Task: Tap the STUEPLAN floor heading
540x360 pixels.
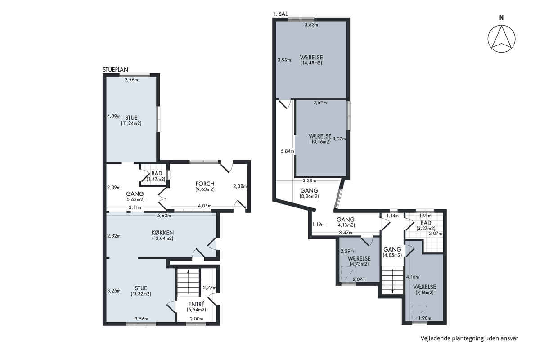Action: pyautogui.click(x=116, y=70)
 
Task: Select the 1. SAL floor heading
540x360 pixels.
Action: pyautogui.click(x=280, y=14)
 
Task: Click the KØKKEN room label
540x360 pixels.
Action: pyautogui.click(x=162, y=233)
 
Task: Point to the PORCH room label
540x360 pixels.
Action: pyautogui.click(x=205, y=184)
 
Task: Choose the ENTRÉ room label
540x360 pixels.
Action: pyautogui.click(x=197, y=304)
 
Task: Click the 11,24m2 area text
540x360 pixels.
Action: pyautogui.click(x=131, y=123)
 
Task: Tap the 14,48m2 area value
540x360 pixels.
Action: pyautogui.click(x=311, y=63)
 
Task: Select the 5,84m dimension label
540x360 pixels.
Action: pyautogui.click(x=288, y=151)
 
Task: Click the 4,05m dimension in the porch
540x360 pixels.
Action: pyautogui.click(x=205, y=206)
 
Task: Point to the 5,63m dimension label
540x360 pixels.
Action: pyautogui.click(x=164, y=216)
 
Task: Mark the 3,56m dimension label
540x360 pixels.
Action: pyautogui.click(x=141, y=319)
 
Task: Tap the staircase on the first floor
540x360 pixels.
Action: pyautogui.click(x=392, y=280)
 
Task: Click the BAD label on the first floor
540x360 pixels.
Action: pyautogui.click(x=426, y=223)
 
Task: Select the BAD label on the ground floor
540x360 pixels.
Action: pyautogui.click(x=157, y=173)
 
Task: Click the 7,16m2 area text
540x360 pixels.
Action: pyautogui.click(x=424, y=293)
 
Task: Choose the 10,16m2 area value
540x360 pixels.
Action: pyautogui.click(x=320, y=142)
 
